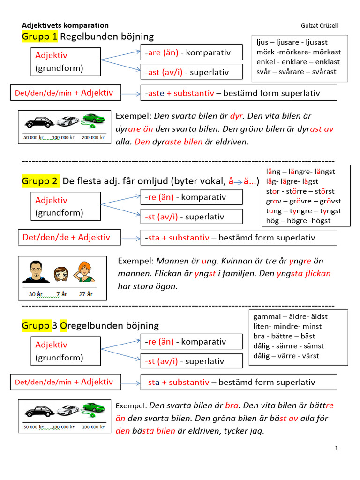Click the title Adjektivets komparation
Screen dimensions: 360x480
[65, 25]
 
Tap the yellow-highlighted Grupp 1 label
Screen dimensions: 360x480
[39, 37]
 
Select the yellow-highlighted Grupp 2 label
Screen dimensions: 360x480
[40, 181]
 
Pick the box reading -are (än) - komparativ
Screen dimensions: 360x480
[191, 52]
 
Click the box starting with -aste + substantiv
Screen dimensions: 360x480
[239, 93]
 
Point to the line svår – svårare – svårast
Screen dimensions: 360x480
[296, 72]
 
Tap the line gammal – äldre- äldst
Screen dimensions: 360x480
[291, 316]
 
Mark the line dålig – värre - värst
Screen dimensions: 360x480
[286, 355]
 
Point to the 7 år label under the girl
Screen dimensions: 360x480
[61, 294]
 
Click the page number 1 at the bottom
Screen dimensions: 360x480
[337, 449]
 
